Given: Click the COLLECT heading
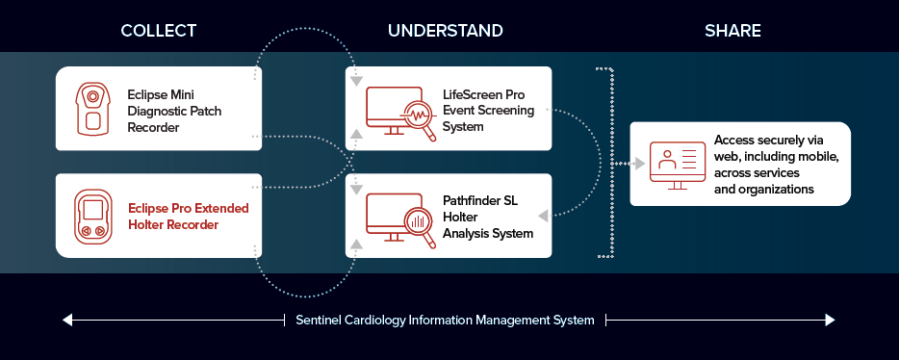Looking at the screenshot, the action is pos(158,31).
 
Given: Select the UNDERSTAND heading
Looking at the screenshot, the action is pos(446,31).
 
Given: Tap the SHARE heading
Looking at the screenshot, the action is pos(732,31).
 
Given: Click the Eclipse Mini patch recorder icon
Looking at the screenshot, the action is pos(91,109).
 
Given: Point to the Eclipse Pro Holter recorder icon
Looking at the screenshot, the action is pos(92,217).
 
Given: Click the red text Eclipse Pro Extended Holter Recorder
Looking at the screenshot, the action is pos(188,217).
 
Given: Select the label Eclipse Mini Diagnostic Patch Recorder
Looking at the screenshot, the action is pos(174,110).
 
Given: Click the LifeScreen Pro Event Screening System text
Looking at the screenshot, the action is pos(488,110).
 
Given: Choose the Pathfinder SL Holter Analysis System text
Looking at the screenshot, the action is pos(488,217).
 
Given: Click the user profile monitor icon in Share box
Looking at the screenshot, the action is pos(677,165).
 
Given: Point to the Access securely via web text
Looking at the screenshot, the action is pos(777,165).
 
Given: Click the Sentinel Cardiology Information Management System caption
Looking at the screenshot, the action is pos(445,320).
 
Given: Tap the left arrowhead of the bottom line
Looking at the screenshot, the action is pos(67,320).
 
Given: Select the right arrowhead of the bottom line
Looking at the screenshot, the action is pos(830,320).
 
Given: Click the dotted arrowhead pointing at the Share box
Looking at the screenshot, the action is pos(640,164).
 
